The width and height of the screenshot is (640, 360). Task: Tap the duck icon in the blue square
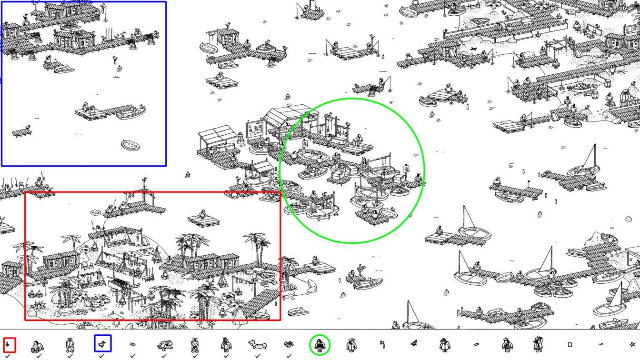click(x=102, y=343)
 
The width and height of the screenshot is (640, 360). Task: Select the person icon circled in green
click(x=320, y=344)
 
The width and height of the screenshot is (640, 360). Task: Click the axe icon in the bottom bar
click(x=382, y=344)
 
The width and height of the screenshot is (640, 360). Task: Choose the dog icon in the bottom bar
click(x=258, y=344)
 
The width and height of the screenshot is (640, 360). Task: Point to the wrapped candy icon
click(x=476, y=344)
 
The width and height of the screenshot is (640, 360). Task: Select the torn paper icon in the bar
click(x=569, y=344)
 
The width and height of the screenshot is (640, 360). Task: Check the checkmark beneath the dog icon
click(x=258, y=355)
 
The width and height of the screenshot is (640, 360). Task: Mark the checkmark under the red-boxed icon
click(x=8, y=355)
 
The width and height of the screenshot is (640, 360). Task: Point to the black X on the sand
click(x=473, y=49)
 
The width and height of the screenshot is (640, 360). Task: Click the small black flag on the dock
click(x=528, y=182)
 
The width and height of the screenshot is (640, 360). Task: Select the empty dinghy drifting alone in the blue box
click(x=130, y=144)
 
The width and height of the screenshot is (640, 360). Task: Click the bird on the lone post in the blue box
click(x=114, y=58)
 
